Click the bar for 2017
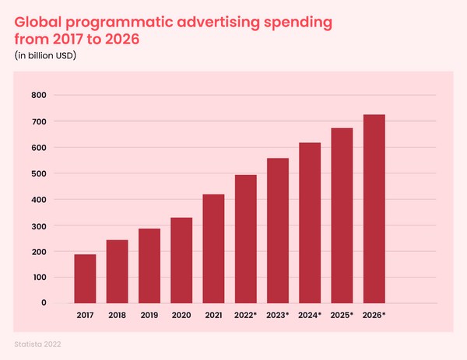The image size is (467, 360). coord(85,278)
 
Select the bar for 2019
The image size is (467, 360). coord(149,265)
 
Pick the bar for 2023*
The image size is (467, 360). coord(278,230)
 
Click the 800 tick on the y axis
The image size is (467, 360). coord(39,96)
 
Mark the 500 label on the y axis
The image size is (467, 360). coord(39,173)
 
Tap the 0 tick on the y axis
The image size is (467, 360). coord(44,303)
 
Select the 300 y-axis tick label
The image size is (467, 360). coord(39,225)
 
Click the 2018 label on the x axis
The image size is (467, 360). coord(117,316)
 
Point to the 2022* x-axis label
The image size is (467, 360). coord(246,316)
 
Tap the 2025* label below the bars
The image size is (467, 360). coord(342,316)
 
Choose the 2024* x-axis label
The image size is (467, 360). coord(310,316)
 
